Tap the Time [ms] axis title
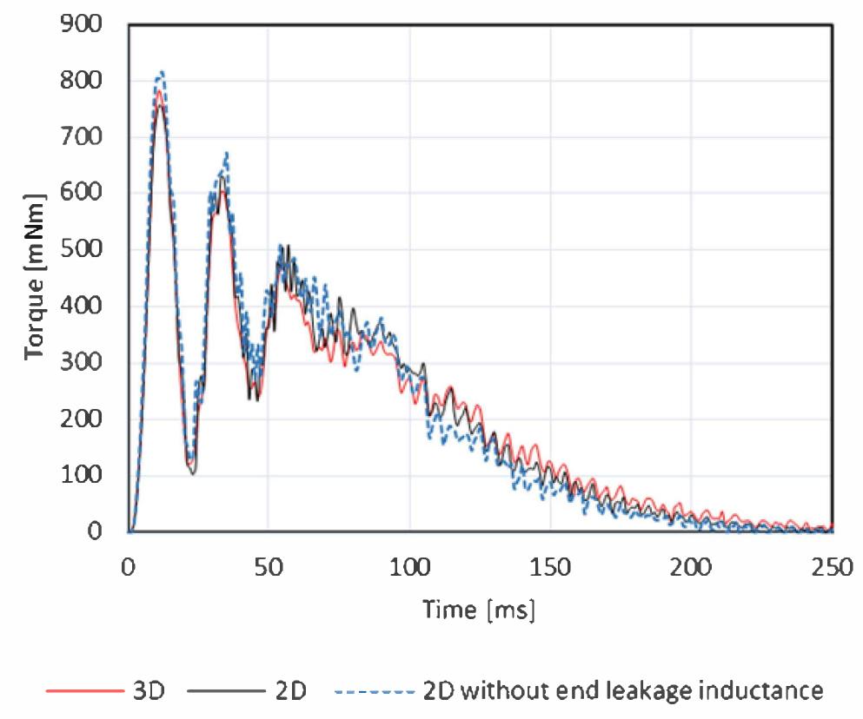479,610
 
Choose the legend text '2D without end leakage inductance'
621,691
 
